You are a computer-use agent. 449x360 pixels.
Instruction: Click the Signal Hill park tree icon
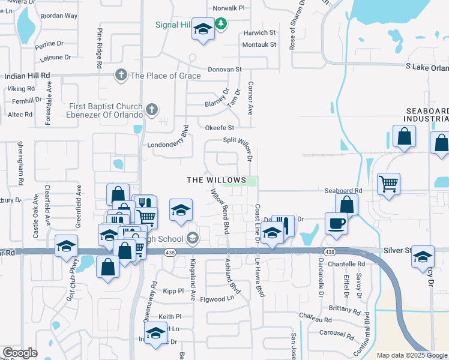221,24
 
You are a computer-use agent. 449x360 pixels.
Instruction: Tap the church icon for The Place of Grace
121,76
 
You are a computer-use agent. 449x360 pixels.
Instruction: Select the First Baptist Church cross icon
151,110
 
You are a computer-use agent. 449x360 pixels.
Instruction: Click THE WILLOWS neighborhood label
216,180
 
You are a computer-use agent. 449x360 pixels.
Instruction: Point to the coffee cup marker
336,224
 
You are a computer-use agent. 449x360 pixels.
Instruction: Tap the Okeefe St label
219,128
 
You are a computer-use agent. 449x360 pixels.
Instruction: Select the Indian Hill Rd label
27,76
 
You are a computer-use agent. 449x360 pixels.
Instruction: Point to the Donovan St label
224,70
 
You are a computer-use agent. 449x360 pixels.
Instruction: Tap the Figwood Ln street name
217,299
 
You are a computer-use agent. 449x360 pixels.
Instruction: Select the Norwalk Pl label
229,8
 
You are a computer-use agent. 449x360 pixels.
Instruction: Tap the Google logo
20,353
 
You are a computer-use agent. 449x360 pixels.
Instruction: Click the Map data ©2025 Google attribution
411,355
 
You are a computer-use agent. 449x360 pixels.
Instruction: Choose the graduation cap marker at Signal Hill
203,29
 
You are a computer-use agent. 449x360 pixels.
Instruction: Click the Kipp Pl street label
173,290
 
